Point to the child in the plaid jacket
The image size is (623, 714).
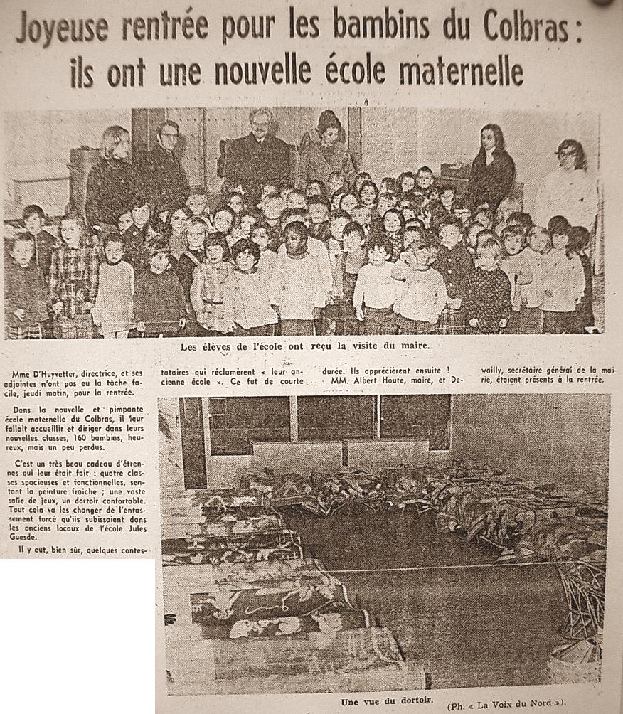coord(74,267)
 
